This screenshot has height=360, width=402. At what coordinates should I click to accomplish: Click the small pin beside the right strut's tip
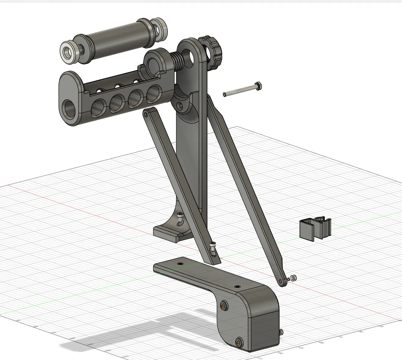(294, 278)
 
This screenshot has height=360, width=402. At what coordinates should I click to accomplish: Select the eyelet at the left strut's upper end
(146, 115)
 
